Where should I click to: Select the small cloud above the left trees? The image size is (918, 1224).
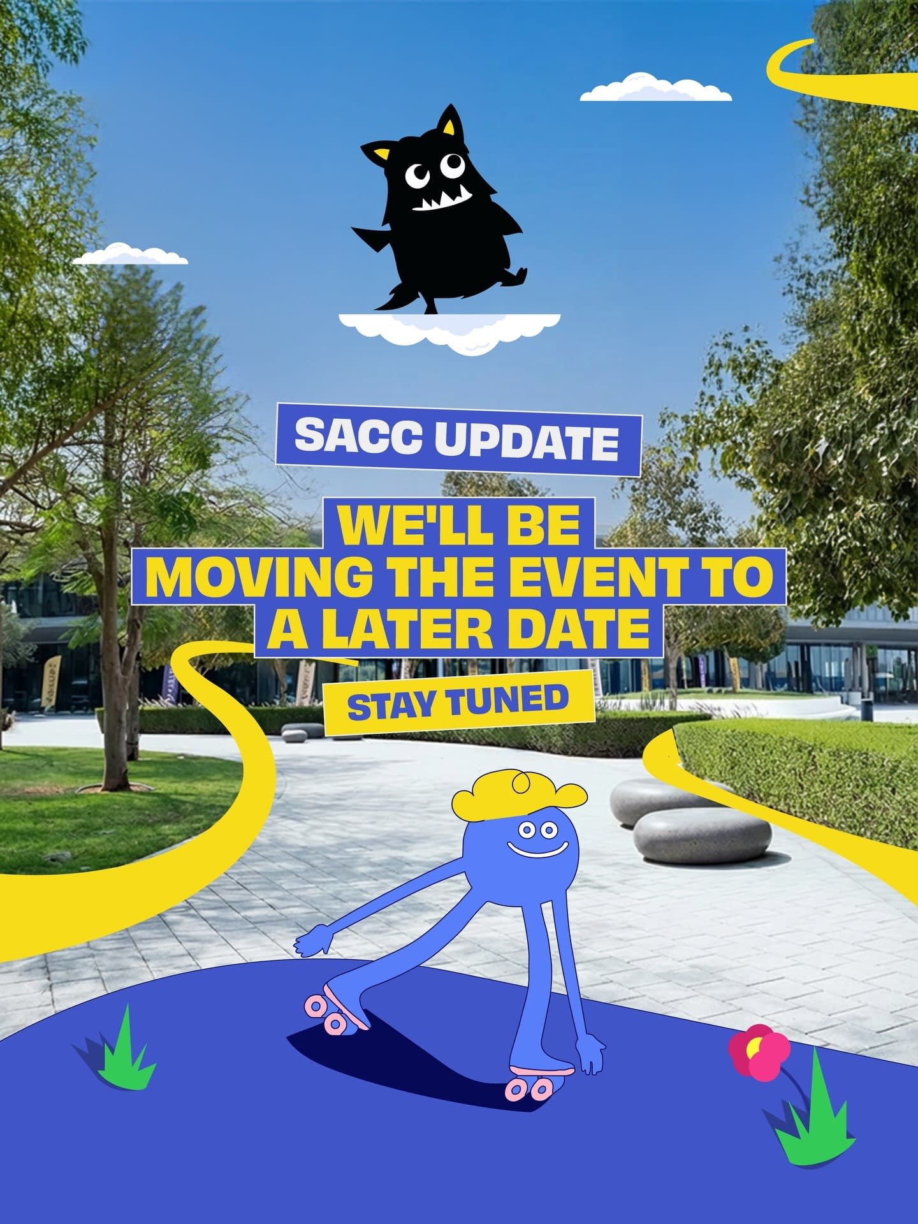(131, 254)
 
